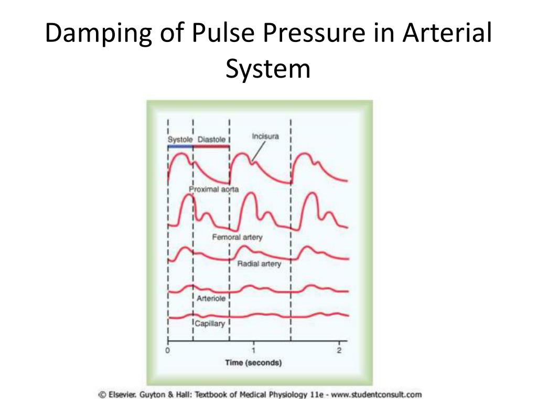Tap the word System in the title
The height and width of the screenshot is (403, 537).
tap(268, 69)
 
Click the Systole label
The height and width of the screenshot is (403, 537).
tap(180, 140)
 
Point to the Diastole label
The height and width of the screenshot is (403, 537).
tap(212, 140)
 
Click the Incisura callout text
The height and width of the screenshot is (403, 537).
tap(265, 136)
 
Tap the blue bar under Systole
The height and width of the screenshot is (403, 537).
tap(180, 146)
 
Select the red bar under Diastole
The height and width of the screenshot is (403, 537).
tap(211, 146)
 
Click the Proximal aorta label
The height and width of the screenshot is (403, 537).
tap(214, 189)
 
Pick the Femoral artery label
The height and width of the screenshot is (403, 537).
tap(238, 237)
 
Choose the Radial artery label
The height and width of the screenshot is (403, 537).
tap(259, 263)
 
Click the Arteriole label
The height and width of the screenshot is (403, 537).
tap(211, 298)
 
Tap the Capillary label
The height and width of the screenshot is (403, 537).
tap(210, 323)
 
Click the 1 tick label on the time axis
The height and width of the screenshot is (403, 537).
tap(253, 350)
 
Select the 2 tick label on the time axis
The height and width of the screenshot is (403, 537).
tap(339, 350)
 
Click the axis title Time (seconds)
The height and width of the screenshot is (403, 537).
tap(253, 363)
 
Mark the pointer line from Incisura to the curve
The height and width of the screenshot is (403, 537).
tap(258, 151)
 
